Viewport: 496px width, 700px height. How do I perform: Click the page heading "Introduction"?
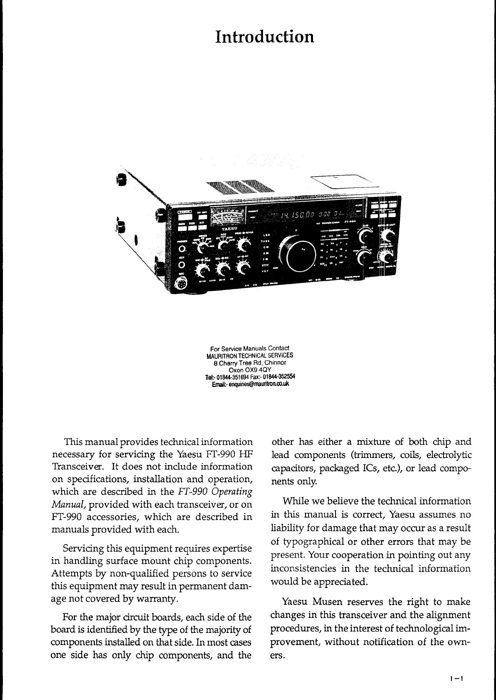click(265, 37)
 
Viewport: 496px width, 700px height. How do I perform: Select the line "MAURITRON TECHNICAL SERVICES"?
click(250, 355)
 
